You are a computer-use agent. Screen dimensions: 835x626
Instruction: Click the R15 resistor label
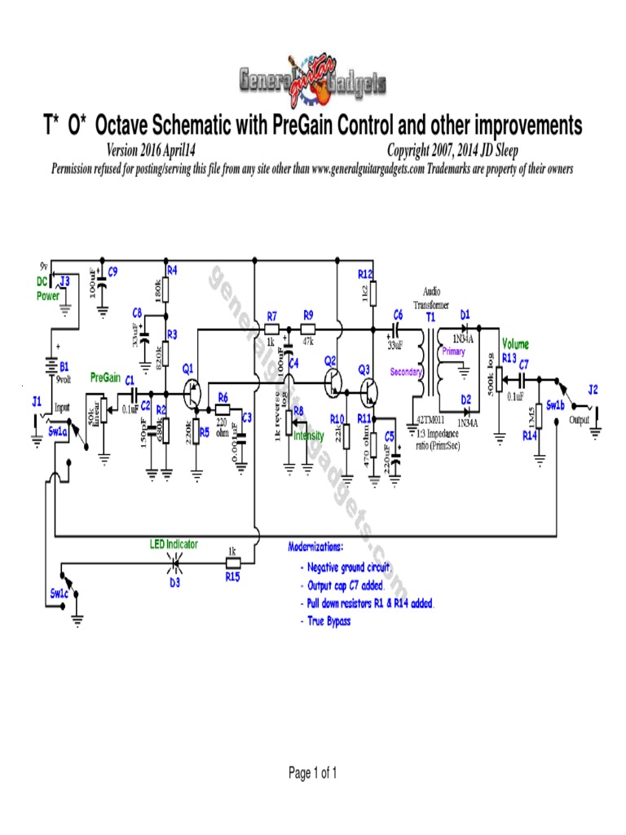coord(232,577)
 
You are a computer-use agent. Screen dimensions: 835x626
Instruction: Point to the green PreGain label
coord(105,378)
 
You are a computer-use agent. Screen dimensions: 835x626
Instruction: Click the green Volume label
coord(515,344)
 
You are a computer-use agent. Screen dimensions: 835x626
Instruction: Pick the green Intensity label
coord(309,436)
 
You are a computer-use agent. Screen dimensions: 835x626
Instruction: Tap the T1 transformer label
coord(430,315)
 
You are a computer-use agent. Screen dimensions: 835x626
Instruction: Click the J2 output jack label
coord(593,390)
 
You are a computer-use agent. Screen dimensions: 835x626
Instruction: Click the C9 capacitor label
coord(113,272)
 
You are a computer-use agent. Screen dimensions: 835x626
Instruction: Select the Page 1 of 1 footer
coord(313,774)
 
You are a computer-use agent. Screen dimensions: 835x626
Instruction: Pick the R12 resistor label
coord(365,273)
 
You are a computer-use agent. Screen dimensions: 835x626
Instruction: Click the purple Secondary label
coord(405,373)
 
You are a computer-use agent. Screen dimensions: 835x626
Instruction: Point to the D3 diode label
coord(174,583)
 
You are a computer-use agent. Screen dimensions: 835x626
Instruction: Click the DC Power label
coord(47,289)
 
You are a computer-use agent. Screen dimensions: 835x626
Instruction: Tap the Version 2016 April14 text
coord(152,151)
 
